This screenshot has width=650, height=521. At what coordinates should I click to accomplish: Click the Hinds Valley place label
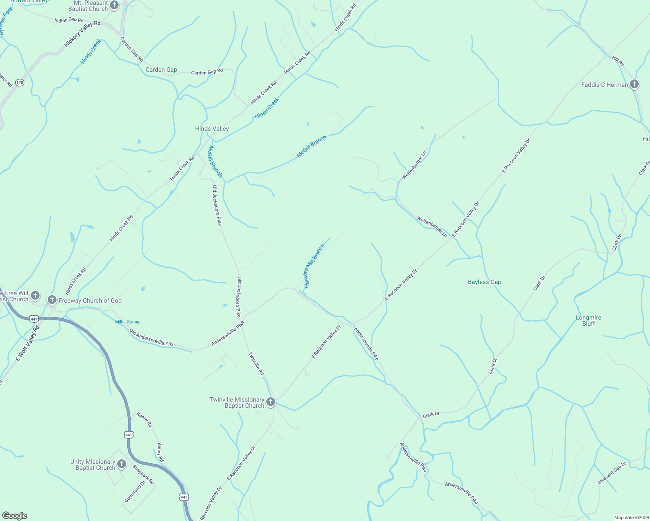(x=212, y=129)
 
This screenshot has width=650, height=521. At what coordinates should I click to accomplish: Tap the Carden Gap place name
(x=161, y=69)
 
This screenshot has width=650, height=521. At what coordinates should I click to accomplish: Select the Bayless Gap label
(x=484, y=282)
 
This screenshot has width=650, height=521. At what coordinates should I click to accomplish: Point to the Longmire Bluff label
(x=588, y=320)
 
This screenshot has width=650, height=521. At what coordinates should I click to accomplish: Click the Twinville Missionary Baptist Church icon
(x=271, y=402)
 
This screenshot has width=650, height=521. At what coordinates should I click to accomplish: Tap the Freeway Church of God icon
(x=52, y=300)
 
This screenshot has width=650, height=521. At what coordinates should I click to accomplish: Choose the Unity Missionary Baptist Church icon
(x=122, y=464)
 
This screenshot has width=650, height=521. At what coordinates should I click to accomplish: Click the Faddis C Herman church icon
(x=634, y=84)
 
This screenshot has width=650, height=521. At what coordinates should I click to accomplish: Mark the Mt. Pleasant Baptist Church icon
(x=114, y=5)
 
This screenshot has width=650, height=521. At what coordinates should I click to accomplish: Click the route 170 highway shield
(x=20, y=82)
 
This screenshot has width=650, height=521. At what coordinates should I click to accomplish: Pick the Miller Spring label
(x=127, y=322)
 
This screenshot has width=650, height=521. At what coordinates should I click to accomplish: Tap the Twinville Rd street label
(x=256, y=364)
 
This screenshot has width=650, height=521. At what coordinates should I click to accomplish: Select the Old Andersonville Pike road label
(x=152, y=338)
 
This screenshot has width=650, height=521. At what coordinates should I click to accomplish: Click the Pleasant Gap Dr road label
(x=612, y=473)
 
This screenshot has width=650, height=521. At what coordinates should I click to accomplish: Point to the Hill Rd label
(x=618, y=61)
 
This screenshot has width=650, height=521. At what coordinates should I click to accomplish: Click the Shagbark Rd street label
(x=143, y=475)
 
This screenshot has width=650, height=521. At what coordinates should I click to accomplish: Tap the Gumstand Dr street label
(x=135, y=492)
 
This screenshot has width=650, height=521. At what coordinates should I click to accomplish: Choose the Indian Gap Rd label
(x=69, y=20)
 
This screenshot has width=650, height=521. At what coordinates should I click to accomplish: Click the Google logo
(x=15, y=516)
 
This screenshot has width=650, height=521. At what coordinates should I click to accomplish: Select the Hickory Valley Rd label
(x=83, y=34)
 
